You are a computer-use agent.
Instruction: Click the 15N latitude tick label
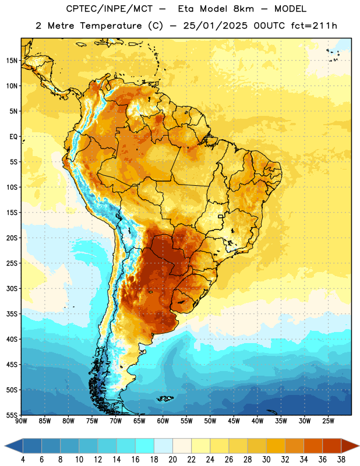12,61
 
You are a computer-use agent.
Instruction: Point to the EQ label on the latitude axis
13,137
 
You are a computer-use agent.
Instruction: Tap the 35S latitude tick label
12,314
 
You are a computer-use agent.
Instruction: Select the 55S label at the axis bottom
12,415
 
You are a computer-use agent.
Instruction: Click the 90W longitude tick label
21,421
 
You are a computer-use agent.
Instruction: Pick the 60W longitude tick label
163,421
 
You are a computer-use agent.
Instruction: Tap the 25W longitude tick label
328,421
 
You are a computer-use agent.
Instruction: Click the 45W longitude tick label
234,421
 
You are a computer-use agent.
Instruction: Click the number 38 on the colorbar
341,460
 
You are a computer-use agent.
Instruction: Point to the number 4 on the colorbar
23,460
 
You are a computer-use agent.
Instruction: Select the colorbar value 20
172,460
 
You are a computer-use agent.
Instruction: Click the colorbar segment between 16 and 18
145,446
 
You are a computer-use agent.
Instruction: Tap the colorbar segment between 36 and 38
332,446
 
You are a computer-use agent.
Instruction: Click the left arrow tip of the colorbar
5,446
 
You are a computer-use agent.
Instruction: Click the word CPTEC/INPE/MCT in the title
109,9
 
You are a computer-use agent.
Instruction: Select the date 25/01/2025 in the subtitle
215,26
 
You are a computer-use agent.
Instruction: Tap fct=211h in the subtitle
314,26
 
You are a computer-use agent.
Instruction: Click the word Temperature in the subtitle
111,26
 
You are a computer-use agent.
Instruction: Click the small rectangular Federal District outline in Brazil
221,217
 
